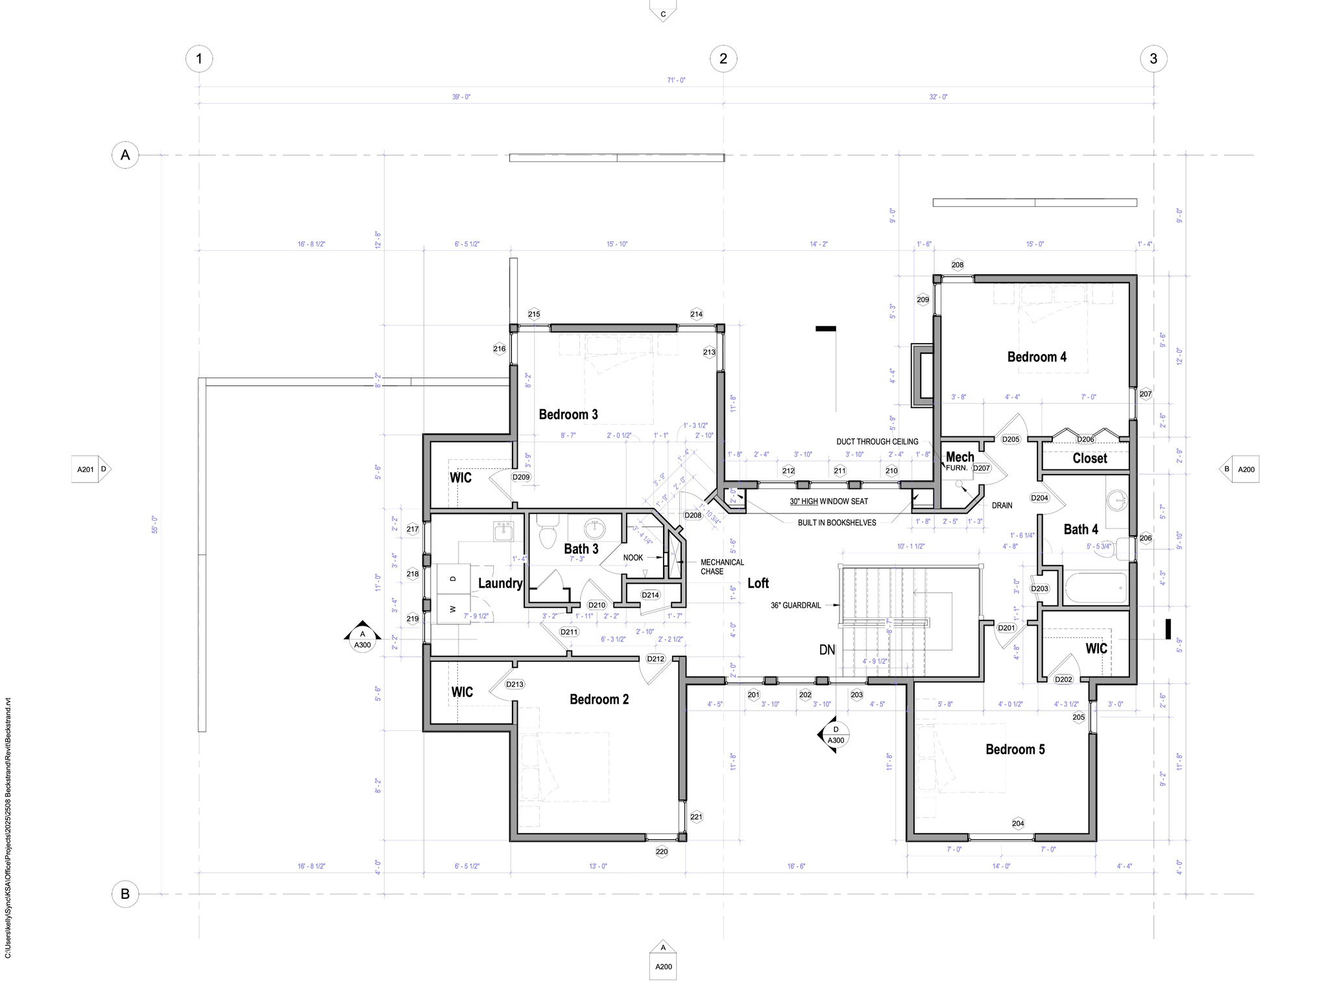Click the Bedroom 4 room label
click(1036, 357)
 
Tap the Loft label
click(758, 583)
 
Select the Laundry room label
click(500, 583)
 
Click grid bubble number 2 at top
click(723, 59)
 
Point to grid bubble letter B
click(125, 894)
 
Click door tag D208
click(693, 516)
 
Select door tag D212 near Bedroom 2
click(656, 659)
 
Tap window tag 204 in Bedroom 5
click(1018, 824)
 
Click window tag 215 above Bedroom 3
click(534, 314)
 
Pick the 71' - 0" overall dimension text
click(676, 80)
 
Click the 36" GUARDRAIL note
click(795, 606)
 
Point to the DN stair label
click(827, 650)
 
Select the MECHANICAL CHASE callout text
click(721, 567)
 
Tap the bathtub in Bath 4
click(1095, 587)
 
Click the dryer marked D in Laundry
click(453, 578)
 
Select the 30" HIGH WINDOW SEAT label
click(828, 501)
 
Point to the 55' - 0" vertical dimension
click(154, 525)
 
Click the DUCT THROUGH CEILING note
click(877, 442)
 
